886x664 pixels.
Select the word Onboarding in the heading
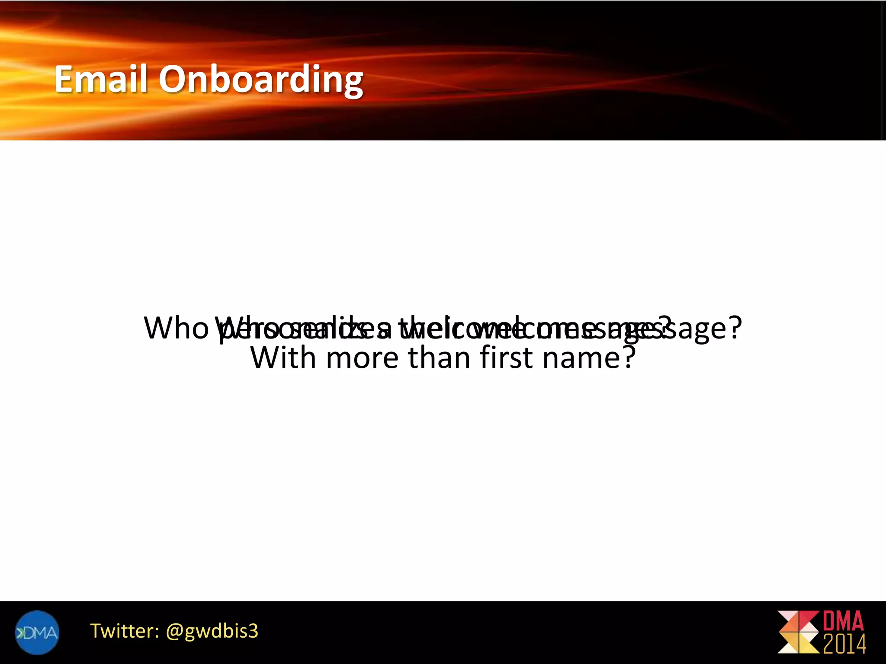(x=261, y=80)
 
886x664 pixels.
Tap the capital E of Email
(x=65, y=79)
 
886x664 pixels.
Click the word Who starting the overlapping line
(x=175, y=328)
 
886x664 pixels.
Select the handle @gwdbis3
(x=212, y=632)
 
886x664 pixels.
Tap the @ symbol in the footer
(x=174, y=632)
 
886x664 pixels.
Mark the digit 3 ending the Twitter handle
(x=253, y=631)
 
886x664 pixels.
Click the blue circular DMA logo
(x=37, y=632)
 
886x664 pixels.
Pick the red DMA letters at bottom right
(x=843, y=621)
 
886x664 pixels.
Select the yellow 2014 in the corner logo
(x=844, y=644)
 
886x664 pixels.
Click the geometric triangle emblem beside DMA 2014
(x=798, y=632)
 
